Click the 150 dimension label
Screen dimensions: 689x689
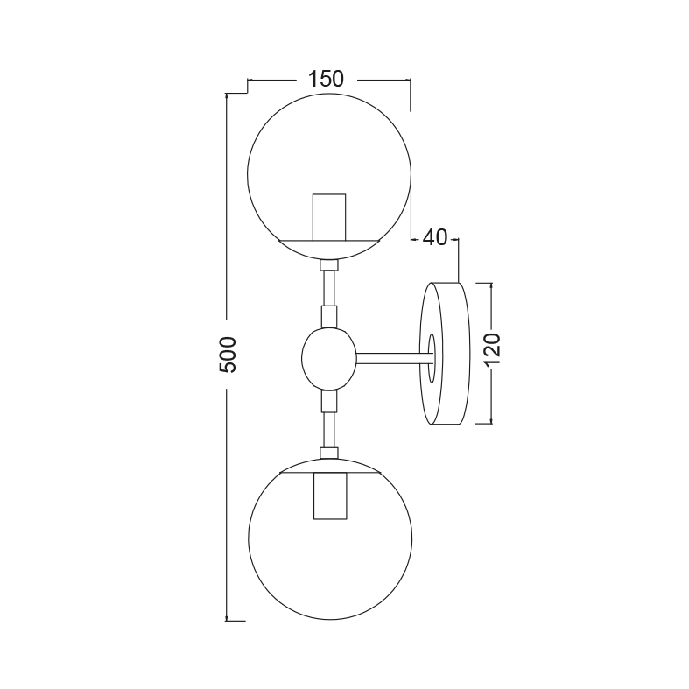(x=326, y=79)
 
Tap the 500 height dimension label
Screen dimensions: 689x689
(x=228, y=355)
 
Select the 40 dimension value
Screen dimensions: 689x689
(x=434, y=238)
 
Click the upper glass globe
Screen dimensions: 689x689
(x=249, y=176)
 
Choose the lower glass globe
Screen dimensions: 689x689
(x=249, y=538)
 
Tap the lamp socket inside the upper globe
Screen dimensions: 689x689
(x=329, y=217)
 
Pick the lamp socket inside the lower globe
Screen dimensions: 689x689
(x=330, y=496)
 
